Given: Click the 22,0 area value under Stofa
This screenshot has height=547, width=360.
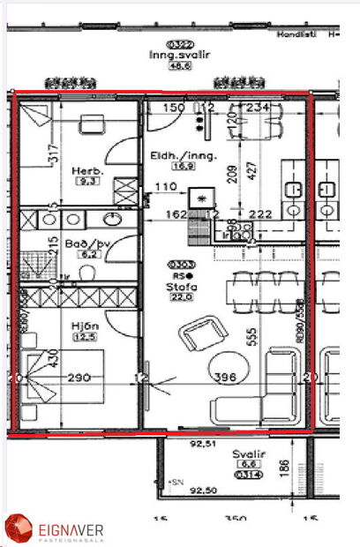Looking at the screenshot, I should click(x=181, y=297).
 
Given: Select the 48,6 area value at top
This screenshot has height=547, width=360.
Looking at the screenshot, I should click(x=181, y=65).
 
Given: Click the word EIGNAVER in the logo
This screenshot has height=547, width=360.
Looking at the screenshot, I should click(x=71, y=528).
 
